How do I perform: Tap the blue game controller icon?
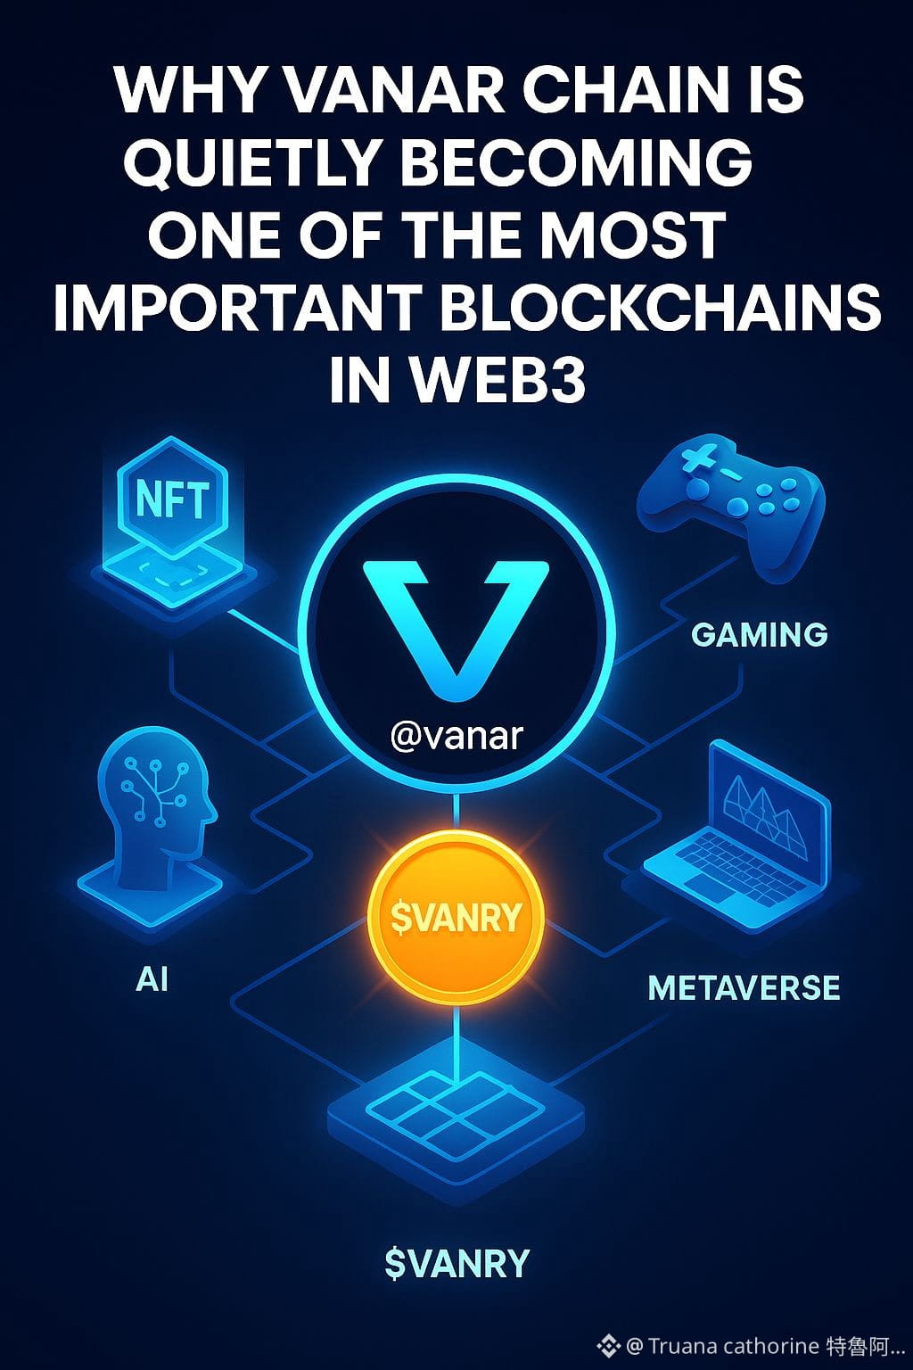(731, 504)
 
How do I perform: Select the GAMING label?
(759, 634)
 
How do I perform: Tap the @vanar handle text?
(456, 737)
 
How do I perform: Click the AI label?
(152, 979)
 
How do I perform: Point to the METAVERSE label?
(744, 988)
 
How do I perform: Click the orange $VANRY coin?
(456, 917)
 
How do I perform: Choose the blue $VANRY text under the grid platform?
(456, 1263)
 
